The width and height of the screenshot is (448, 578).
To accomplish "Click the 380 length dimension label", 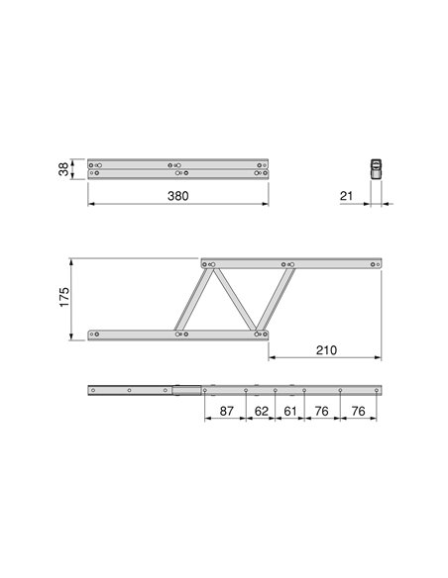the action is pos(177,196).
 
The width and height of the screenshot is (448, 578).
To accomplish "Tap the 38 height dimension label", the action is pos(63,169).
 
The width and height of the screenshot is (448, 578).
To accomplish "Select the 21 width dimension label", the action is pos(346,196).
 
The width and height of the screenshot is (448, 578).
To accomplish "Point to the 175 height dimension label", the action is pos(64,297).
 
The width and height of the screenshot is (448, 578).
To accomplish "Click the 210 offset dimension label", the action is pos(326,349).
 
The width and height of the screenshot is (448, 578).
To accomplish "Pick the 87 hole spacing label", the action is pos(226,411).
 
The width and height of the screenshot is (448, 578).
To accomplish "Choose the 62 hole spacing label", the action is pos(262,411).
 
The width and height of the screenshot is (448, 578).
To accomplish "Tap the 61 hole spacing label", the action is pos(290,411).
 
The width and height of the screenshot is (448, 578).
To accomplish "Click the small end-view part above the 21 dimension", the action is pos(376,169).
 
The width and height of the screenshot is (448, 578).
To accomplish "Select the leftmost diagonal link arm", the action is pos(193,299).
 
